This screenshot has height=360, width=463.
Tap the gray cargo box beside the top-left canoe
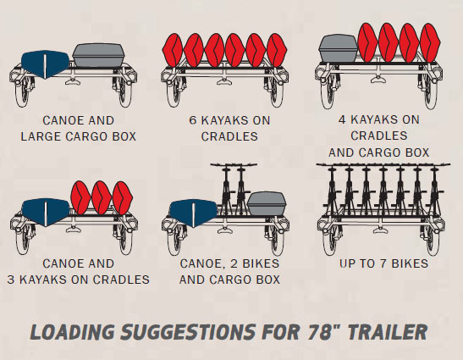pyautogui.click(x=98, y=55)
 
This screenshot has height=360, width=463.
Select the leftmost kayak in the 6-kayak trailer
pyautogui.click(x=173, y=50)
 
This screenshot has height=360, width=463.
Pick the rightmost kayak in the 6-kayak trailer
pyautogui.click(x=277, y=50)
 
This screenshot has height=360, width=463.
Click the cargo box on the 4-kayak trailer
pyautogui.click(x=339, y=48)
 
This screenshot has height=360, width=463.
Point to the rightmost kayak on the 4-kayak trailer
pyautogui.click(x=430, y=43)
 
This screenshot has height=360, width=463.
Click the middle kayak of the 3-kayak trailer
pyautogui.click(x=102, y=197)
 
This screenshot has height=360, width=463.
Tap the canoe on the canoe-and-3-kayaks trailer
pyautogui.click(x=46, y=213)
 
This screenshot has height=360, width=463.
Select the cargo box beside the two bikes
pyautogui.click(x=267, y=203)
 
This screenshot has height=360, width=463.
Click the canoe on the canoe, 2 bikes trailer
pyautogui.click(x=193, y=213)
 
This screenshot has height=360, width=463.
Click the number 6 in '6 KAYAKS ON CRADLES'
pyautogui.click(x=192, y=120)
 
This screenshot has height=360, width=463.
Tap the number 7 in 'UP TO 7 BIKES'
pyautogui.click(x=383, y=263)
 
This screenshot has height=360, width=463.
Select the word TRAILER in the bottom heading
pyautogui.click(x=388, y=332)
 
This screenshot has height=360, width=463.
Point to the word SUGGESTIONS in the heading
pyautogui.click(x=188, y=332)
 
